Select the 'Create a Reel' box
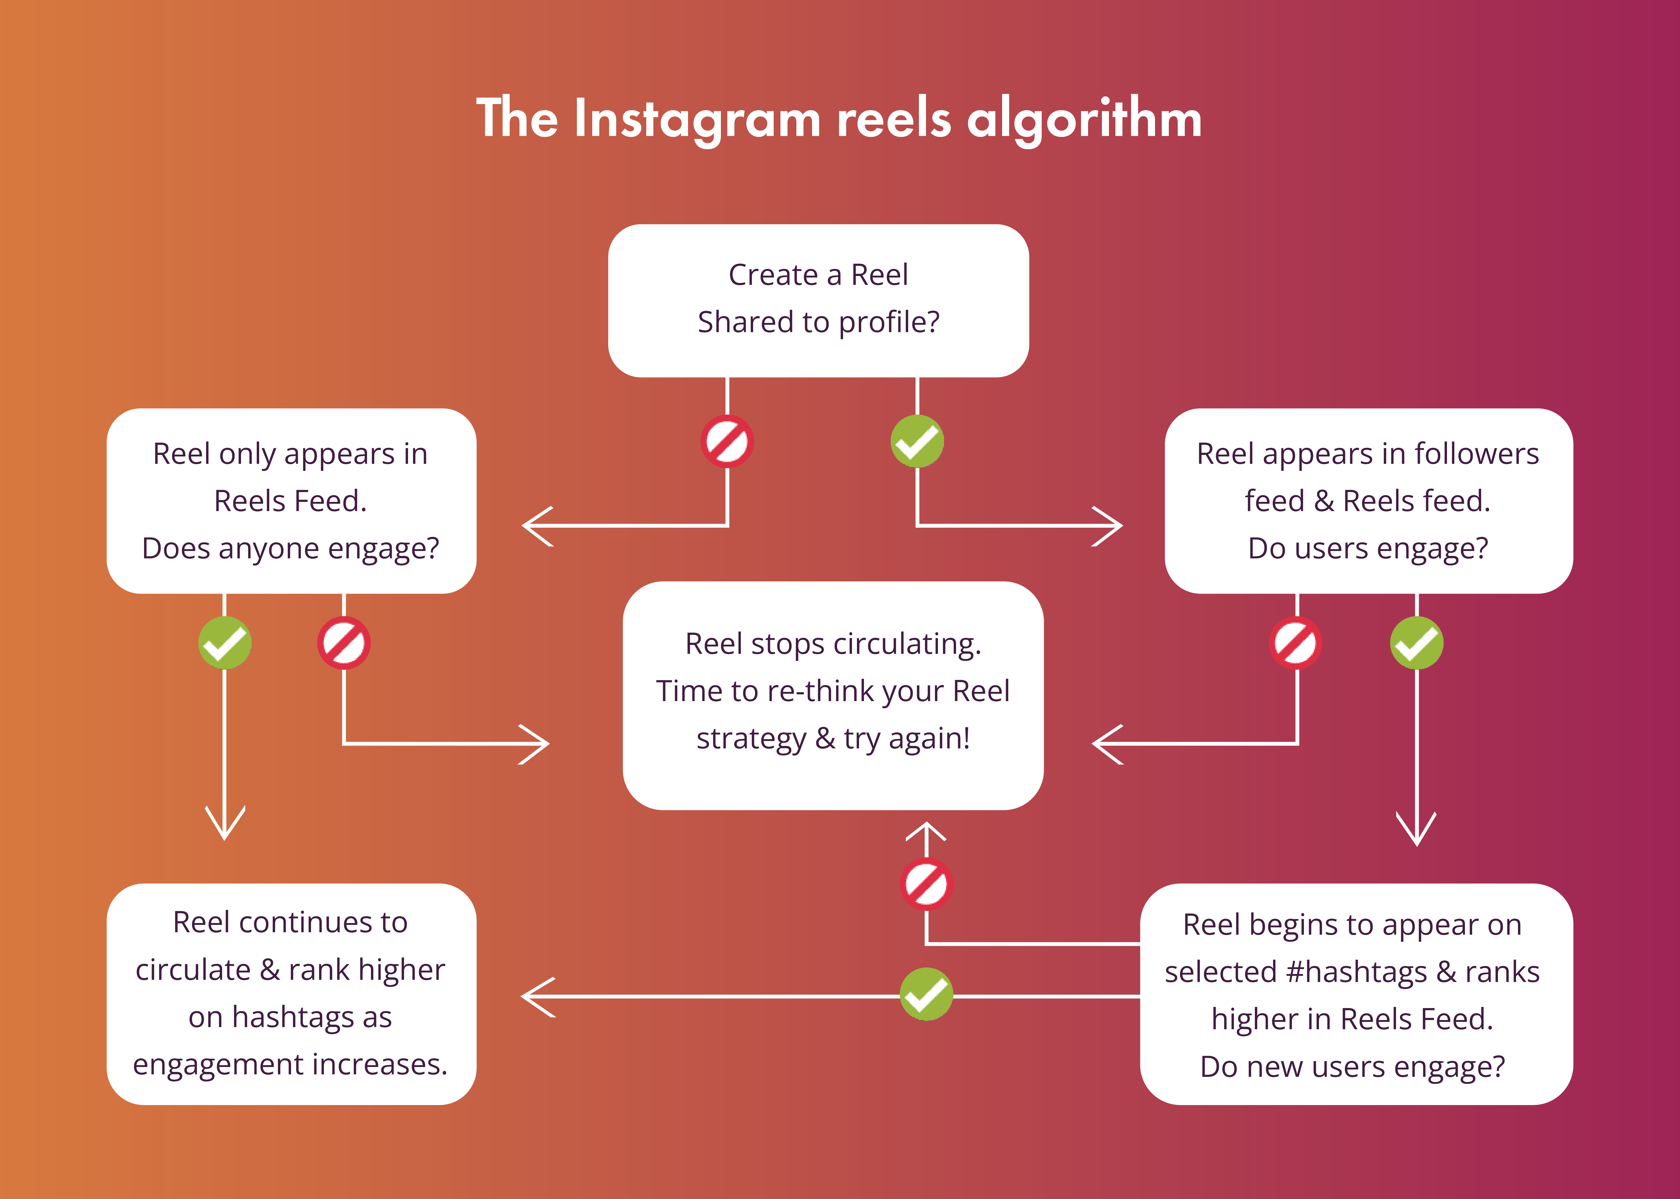tap(818, 301)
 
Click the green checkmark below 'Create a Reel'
tap(917, 441)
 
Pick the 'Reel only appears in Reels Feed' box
tap(291, 501)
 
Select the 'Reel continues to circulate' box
tap(291, 994)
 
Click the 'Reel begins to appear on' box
tap(1356, 994)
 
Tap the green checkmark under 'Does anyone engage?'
tap(224, 642)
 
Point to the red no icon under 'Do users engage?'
tap(1296, 642)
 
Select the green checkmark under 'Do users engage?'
tap(1416, 642)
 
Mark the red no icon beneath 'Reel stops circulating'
tap(926, 884)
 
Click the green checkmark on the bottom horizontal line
tap(926, 995)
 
